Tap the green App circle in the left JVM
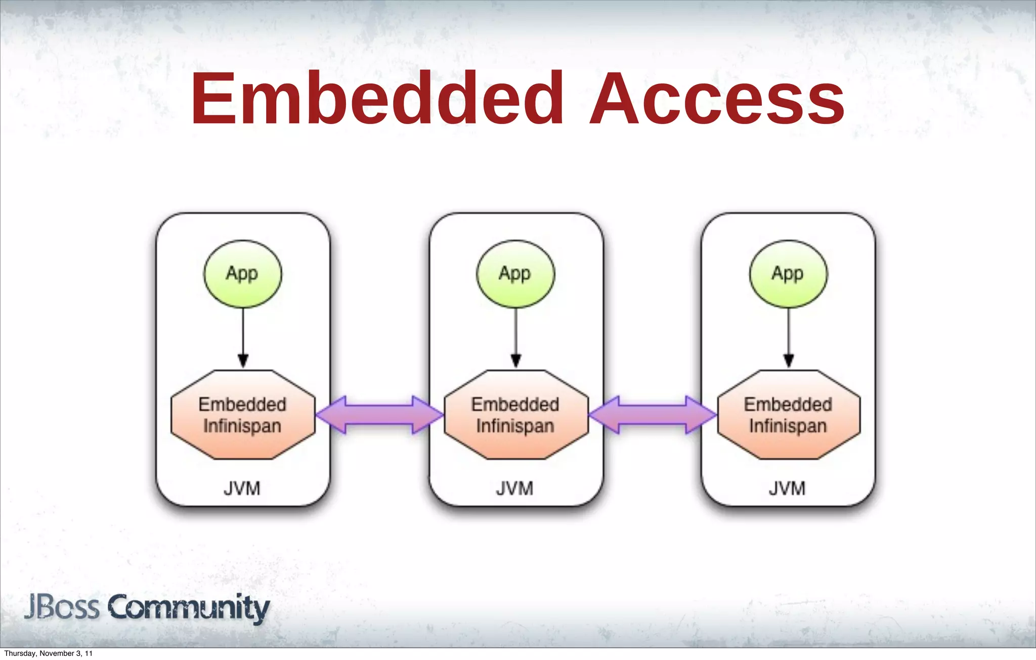pos(243,274)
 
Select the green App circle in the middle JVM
pos(515,274)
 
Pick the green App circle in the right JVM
pos(788,274)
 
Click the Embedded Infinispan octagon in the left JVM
pos(243,415)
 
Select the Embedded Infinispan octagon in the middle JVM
pos(516,415)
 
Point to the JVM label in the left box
pos(242,489)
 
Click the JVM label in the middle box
pos(515,489)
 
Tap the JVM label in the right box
pos(787,489)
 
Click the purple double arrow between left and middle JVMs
pos(379,415)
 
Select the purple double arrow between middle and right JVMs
pos(653,415)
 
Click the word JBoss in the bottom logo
pos(62,607)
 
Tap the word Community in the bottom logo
pos(189,608)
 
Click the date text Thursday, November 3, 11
pos(48,653)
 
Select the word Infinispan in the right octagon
pos(788,426)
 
